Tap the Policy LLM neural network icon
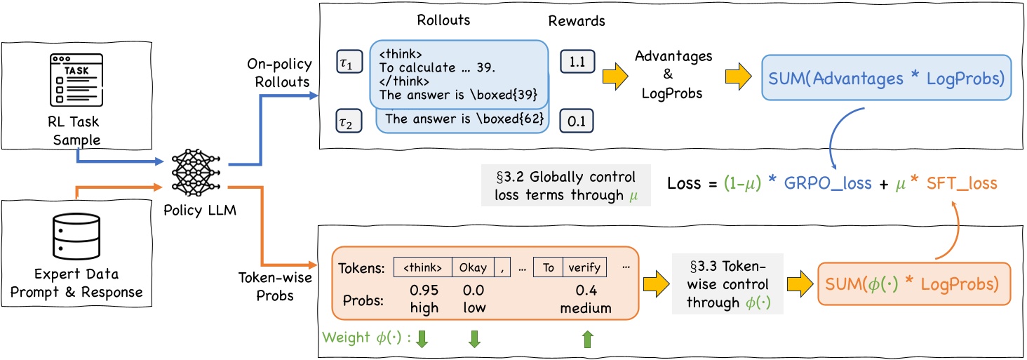[x=192, y=171]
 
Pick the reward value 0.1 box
[x=577, y=121]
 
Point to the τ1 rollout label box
[x=349, y=62]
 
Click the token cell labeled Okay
[x=473, y=267]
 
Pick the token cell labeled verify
[x=584, y=267]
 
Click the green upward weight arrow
[x=587, y=340]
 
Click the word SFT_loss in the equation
[x=961, y=183]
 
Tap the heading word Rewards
[x=578, y=21]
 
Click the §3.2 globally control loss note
[x=565, y=186]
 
